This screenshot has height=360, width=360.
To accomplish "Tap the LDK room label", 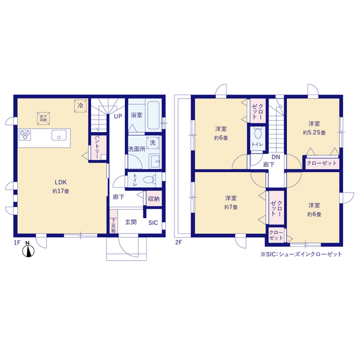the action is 61,182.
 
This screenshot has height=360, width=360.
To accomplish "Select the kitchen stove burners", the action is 25,135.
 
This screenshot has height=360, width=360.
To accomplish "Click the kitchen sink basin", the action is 59,135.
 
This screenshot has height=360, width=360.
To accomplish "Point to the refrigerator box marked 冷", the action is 80,106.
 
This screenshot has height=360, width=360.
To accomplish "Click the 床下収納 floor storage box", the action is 43,119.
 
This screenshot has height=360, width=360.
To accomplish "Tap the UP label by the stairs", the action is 118,116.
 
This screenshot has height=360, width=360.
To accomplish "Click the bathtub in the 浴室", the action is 154,115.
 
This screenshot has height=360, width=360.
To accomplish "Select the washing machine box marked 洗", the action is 152,143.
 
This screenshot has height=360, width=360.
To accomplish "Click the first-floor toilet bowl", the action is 149,179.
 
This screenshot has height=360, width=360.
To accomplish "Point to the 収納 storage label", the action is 154,199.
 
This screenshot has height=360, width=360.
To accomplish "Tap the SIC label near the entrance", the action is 153,223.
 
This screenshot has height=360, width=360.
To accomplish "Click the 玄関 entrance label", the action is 131,222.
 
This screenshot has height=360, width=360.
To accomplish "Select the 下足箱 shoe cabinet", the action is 114,221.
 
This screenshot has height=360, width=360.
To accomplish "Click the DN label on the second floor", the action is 276,157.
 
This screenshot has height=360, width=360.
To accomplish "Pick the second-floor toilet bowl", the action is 258,133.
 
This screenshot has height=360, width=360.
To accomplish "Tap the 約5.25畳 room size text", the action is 314,133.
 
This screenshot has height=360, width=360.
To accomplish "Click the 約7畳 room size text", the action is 231,207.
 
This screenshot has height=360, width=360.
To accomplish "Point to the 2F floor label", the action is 178,242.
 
